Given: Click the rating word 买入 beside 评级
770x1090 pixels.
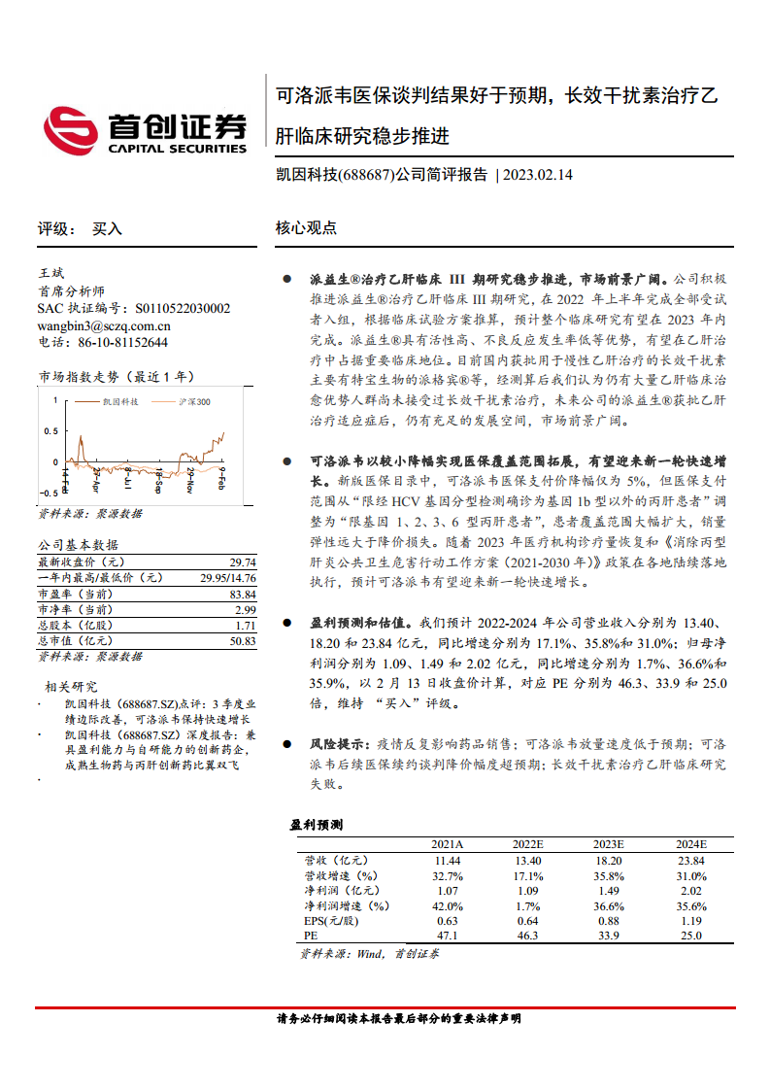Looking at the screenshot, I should pyautogui.click(x=107, y=228).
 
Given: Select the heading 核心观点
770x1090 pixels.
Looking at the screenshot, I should pyautogui.click(x=306, y=228).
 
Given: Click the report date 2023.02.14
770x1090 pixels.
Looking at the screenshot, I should pyautogui.click(x=540, y=175).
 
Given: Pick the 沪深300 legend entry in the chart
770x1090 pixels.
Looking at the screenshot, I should pyautogui.click(x=195, y=400).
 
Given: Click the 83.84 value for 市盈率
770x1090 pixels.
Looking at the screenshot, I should pyautogui.click(x=243, y=594).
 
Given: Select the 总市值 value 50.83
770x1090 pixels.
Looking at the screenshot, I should pyautogui.click(x=243, y=641).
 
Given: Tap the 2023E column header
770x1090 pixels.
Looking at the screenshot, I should pyautogui.click(x=607, y=844).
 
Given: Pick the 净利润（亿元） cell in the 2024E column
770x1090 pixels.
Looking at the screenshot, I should pyautogui.click(x=690, y=890).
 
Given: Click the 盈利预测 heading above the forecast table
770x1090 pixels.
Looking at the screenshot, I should pyautogui.click(x=316, y=825).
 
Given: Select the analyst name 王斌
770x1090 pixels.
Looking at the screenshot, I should pyautogui.click(x=50, y=274).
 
